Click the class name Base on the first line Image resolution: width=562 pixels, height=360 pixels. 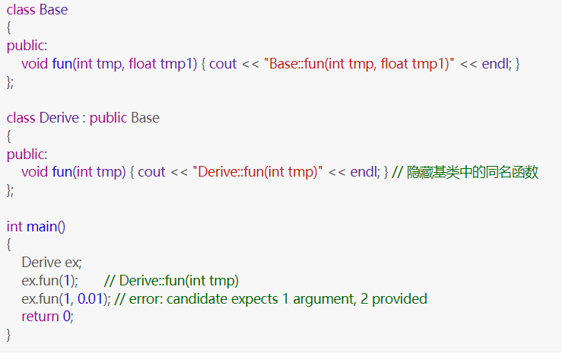point(54,11)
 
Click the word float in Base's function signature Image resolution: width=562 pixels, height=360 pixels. point(142,63)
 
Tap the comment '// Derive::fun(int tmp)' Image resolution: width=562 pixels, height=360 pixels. point(171,280)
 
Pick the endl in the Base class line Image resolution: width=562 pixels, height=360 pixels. point(496,63)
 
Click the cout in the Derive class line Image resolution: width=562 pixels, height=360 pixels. point(151,172)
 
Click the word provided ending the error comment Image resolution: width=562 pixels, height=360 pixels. point(400,298)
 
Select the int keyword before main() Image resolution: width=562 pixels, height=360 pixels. point(14,226)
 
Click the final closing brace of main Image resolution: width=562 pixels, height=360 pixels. point(9,335)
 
